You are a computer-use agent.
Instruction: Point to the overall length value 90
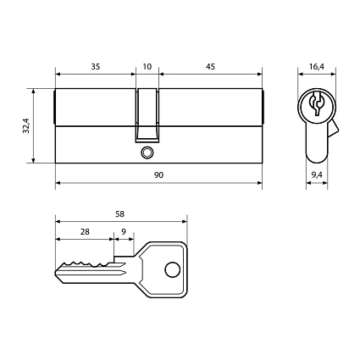158,174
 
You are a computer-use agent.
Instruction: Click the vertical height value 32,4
27,125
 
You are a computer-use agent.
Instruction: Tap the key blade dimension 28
85,231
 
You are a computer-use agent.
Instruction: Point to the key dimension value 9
124,231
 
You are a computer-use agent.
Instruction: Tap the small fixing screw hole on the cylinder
147,153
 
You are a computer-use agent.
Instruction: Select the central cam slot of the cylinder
147,114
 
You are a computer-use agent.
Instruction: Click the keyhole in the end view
318,107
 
